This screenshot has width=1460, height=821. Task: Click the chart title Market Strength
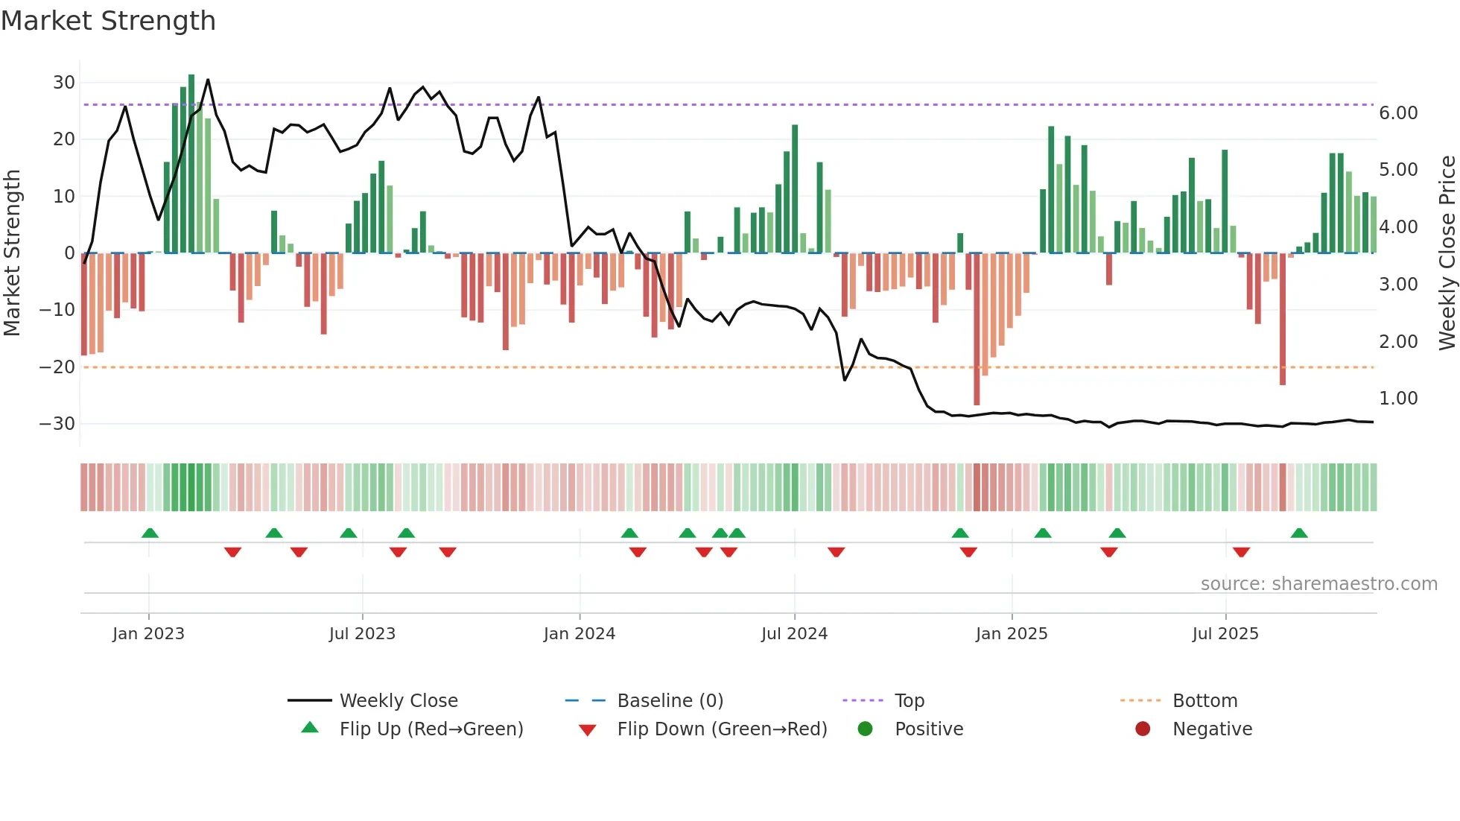click(108, 21)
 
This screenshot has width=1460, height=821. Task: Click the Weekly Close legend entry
click(398, 700)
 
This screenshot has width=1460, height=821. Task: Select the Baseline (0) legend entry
click(670, 700)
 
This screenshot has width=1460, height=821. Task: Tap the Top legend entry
click(909, 700)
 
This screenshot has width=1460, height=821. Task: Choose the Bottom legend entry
click(1204, 700)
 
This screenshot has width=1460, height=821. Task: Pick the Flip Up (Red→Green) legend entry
click(431, 729)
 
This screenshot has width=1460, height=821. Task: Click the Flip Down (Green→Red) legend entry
click(721, 729)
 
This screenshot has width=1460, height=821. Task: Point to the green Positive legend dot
click(865, 729)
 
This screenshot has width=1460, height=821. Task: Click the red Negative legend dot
click(1143, 729)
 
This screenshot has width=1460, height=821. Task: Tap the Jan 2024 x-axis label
click(580, 633)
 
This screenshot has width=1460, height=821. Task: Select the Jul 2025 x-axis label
click(1225, 633)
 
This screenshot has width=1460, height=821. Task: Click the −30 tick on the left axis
click(57, 423)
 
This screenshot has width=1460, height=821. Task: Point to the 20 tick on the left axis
click(63, 139)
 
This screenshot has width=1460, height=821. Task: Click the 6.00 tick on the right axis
click(1398, 112)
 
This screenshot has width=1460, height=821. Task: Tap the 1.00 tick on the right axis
click(1398, 399)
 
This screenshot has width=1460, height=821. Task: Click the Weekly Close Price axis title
click(1447, 253)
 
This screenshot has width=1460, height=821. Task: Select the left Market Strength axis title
click(12, 253)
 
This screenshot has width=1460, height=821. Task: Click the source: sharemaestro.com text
click(1318, 583)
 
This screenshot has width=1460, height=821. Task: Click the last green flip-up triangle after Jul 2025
click(1299, 533)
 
